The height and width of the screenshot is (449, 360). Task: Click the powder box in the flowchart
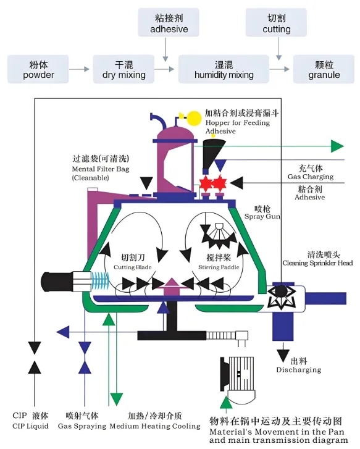[38, 69]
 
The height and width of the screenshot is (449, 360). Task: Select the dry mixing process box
[123, 69]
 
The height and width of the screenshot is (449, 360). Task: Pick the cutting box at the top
[276, 23]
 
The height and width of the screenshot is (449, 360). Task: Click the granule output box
[324, 69]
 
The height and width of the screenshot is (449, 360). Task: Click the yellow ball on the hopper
[194, 116]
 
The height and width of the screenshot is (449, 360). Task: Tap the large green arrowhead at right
[337, 146]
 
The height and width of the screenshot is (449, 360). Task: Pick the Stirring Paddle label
[222, 262]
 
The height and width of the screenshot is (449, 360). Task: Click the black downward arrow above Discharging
[283, 355]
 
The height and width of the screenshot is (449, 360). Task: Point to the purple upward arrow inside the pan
[170, 284]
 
